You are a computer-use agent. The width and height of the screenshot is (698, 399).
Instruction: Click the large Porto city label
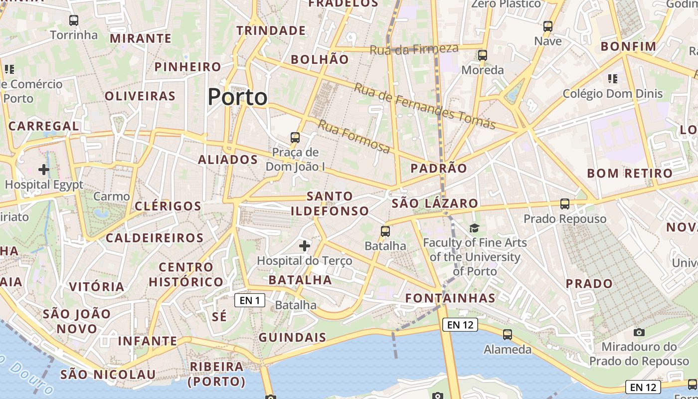[x=237, y=97]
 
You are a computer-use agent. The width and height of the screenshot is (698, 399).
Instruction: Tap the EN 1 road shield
[x=250, y=300]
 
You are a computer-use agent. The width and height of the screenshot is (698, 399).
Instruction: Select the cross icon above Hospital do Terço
[x=305, y=245]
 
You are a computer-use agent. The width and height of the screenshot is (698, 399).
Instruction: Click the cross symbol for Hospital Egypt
[x=44, y=170]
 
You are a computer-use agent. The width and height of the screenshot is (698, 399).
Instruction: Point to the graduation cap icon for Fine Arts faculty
[x=474, y=228]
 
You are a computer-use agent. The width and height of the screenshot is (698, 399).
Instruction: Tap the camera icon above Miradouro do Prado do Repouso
[x=639, y=332]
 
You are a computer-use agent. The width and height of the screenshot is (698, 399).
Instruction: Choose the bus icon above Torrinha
[x=74, y=20]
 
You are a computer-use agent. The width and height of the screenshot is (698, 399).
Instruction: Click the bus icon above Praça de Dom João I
[x=295, y=137]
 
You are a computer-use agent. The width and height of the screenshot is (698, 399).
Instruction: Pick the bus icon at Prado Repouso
[x=564, y=203]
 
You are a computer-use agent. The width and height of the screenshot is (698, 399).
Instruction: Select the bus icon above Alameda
[x=508, y=335]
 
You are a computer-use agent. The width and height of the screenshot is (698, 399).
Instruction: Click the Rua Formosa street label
[x=354, y=137]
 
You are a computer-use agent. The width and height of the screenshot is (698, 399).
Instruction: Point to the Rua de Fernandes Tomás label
[x=424, y=106]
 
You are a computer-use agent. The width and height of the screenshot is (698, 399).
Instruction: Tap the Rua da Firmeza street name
[x=414, y=49]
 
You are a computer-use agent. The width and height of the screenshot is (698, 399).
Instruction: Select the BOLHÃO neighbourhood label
[x=320, y=59]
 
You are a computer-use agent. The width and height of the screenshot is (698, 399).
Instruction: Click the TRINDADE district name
[x=271, y=30]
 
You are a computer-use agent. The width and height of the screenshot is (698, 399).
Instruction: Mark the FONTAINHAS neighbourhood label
[x=450, y=298]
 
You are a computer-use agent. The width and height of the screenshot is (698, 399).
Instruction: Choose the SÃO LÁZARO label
[x=435, y=203]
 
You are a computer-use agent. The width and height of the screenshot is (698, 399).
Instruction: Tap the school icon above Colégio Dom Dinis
[x=613, y=78]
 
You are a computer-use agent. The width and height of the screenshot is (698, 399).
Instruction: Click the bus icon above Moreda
[x=482, y=55]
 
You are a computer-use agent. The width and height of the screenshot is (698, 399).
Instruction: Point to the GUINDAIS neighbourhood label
[x=292, y=338]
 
